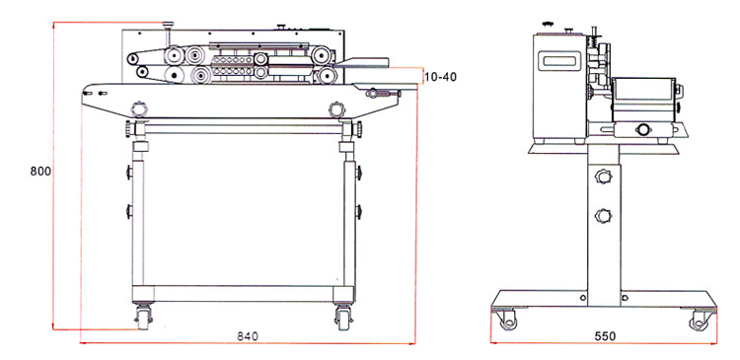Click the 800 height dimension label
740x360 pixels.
click(40, 172)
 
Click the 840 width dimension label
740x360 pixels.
click(248, 336)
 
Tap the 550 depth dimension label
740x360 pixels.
click(605, 336)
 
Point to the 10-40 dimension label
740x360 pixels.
click(440, 76)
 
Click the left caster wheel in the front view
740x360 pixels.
click(143, 318)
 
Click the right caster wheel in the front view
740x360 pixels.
click(343, 318)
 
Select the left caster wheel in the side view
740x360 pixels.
click(508, 321)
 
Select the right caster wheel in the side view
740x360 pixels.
click(699, 321)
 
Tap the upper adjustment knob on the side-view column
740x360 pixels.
click(603, 177)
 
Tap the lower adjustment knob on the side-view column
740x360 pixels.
click(603, 216)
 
